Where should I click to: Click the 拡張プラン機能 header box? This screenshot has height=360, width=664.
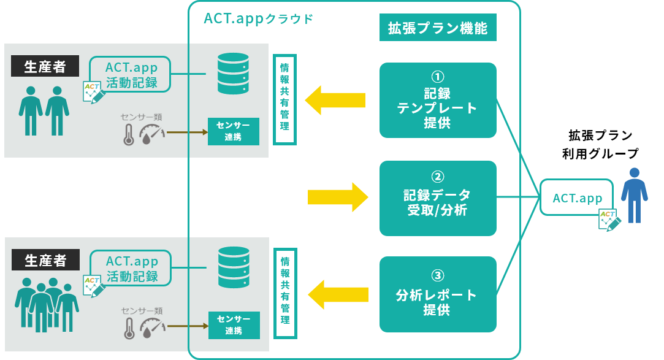pyautogui.click(x=437, y=28)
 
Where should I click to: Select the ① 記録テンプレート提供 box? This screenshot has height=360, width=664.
pyautogui.click(x=437, y=101)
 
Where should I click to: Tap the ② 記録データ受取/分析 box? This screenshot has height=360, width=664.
pyautogui.click(x=437, y=198)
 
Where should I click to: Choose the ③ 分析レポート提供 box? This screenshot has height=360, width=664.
pyautogui.click(x=437, y=294)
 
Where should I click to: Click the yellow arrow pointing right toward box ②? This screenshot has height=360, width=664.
pyautogui.click(x=338, y=197)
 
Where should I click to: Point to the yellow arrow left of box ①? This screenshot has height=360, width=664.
pyautogui.click(x=335, y=100)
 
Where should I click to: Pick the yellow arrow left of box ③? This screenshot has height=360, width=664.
pyautogui.click(x=338, y=294)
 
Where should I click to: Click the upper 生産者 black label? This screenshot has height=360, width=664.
pyautogui.click(x=45, y=66)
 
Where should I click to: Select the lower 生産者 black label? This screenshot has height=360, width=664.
pyautogui.click(x=45, y=259)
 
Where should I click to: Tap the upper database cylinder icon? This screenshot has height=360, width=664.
pyautogui.click(x=233, y=73)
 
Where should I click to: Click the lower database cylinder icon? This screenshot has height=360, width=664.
pyautogui.click(x=234, y=267)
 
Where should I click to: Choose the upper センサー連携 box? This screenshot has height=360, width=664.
pyautogui.click(x=234, y=131)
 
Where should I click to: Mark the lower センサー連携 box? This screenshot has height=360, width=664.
pyautogui.click(x=234, y=325)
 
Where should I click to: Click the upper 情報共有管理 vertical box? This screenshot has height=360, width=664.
pyautogui.click(x=284, y=99)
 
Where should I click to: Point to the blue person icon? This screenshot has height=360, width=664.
pyautogui.click(x=634, y=195)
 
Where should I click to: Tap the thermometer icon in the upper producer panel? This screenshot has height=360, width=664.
pyautogui.click(x=129, y=135)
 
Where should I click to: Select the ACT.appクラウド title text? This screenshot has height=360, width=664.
pyautogui.click(x=258, y=18)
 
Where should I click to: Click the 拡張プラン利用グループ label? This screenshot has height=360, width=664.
pyautogui.click(x=600, y=144)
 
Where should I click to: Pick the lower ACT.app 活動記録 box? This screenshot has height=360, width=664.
pyautogui.click(x=131, y=268)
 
